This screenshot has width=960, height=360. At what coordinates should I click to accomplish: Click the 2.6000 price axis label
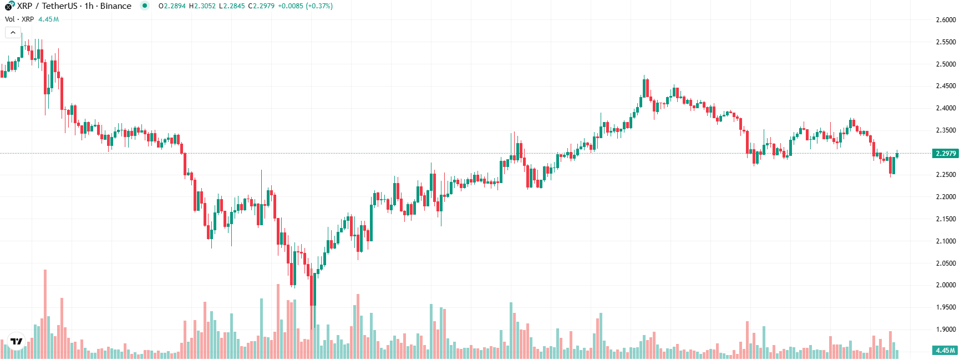point(946,19)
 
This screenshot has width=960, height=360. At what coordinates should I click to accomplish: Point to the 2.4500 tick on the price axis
point(946,86)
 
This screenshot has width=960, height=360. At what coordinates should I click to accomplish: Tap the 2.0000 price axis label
point(946,285)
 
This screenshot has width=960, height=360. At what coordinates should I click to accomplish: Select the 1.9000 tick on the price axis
point(946,329)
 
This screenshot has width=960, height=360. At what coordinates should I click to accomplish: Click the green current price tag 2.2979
point(946,154)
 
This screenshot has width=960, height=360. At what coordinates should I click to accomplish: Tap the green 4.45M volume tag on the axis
point(946,351)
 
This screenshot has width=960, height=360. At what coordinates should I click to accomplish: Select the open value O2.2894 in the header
point(172,6)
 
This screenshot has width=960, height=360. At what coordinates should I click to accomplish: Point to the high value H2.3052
point(202,6)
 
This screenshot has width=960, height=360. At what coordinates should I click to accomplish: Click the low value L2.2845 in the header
point(232,6)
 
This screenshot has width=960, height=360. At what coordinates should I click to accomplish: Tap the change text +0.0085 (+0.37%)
point(306,6)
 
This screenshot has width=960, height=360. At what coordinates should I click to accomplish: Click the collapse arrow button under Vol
point(13,33)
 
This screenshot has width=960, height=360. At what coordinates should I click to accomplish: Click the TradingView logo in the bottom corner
point(17,341)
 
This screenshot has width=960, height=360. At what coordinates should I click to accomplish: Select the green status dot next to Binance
point(145,6)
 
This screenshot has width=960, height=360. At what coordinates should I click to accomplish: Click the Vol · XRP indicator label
point(19,19)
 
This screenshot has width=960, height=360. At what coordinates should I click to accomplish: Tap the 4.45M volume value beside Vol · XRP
point(48,19)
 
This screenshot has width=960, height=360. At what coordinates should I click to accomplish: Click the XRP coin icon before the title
point(9,6)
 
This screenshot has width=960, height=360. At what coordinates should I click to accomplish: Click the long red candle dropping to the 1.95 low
point(313,288)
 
